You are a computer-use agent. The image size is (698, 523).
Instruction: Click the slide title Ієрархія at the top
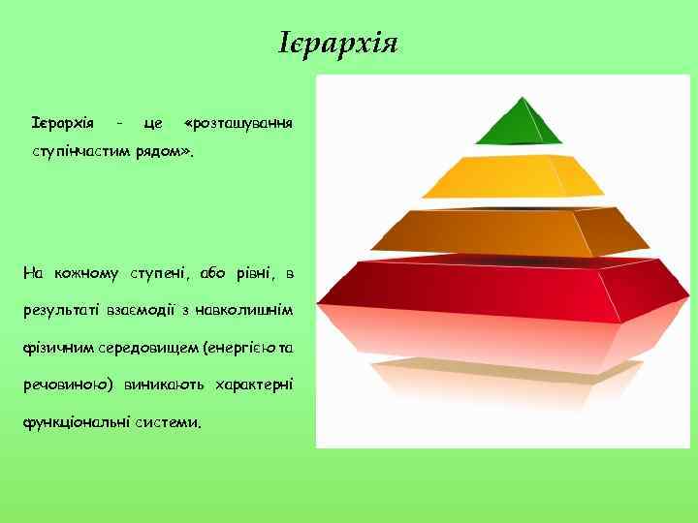pyautogui.click(x=338, y=45)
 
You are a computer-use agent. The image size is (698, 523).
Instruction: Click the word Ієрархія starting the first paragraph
pyautogui.click(x=62, y=123)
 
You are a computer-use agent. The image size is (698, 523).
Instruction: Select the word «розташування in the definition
pyautogui.click(x=238, y=123)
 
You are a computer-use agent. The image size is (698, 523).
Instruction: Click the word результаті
pyautogui.click(x=64, y=310)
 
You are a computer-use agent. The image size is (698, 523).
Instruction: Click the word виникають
pyautogui.click(x=163, y=385)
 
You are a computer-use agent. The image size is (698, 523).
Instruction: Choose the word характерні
pyautogui.click(x=253, y=385)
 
